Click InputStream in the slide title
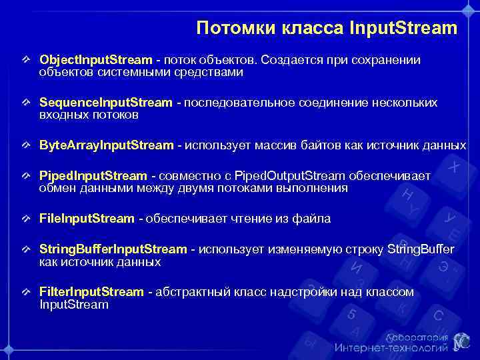click(403, 29)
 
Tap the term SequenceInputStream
click(105, 103)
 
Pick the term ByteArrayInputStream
click(107, 145)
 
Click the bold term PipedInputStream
click(93, 176)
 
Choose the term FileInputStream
click(87, 219)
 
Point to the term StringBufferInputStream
click(113, 249)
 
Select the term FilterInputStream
click(91, 292)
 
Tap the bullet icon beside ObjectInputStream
click(26, 60)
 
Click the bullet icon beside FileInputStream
click(26, 219)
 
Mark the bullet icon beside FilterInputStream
click(26, 292)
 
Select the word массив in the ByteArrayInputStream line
click(269, 145)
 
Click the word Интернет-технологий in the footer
click(391, 347)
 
